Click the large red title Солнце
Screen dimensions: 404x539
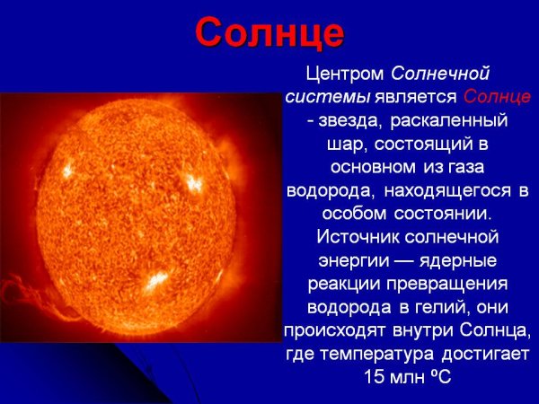[269, 32]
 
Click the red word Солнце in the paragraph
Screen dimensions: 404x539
[498, 96]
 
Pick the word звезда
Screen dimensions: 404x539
[340, 119]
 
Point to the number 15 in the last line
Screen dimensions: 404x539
[376, 377]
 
